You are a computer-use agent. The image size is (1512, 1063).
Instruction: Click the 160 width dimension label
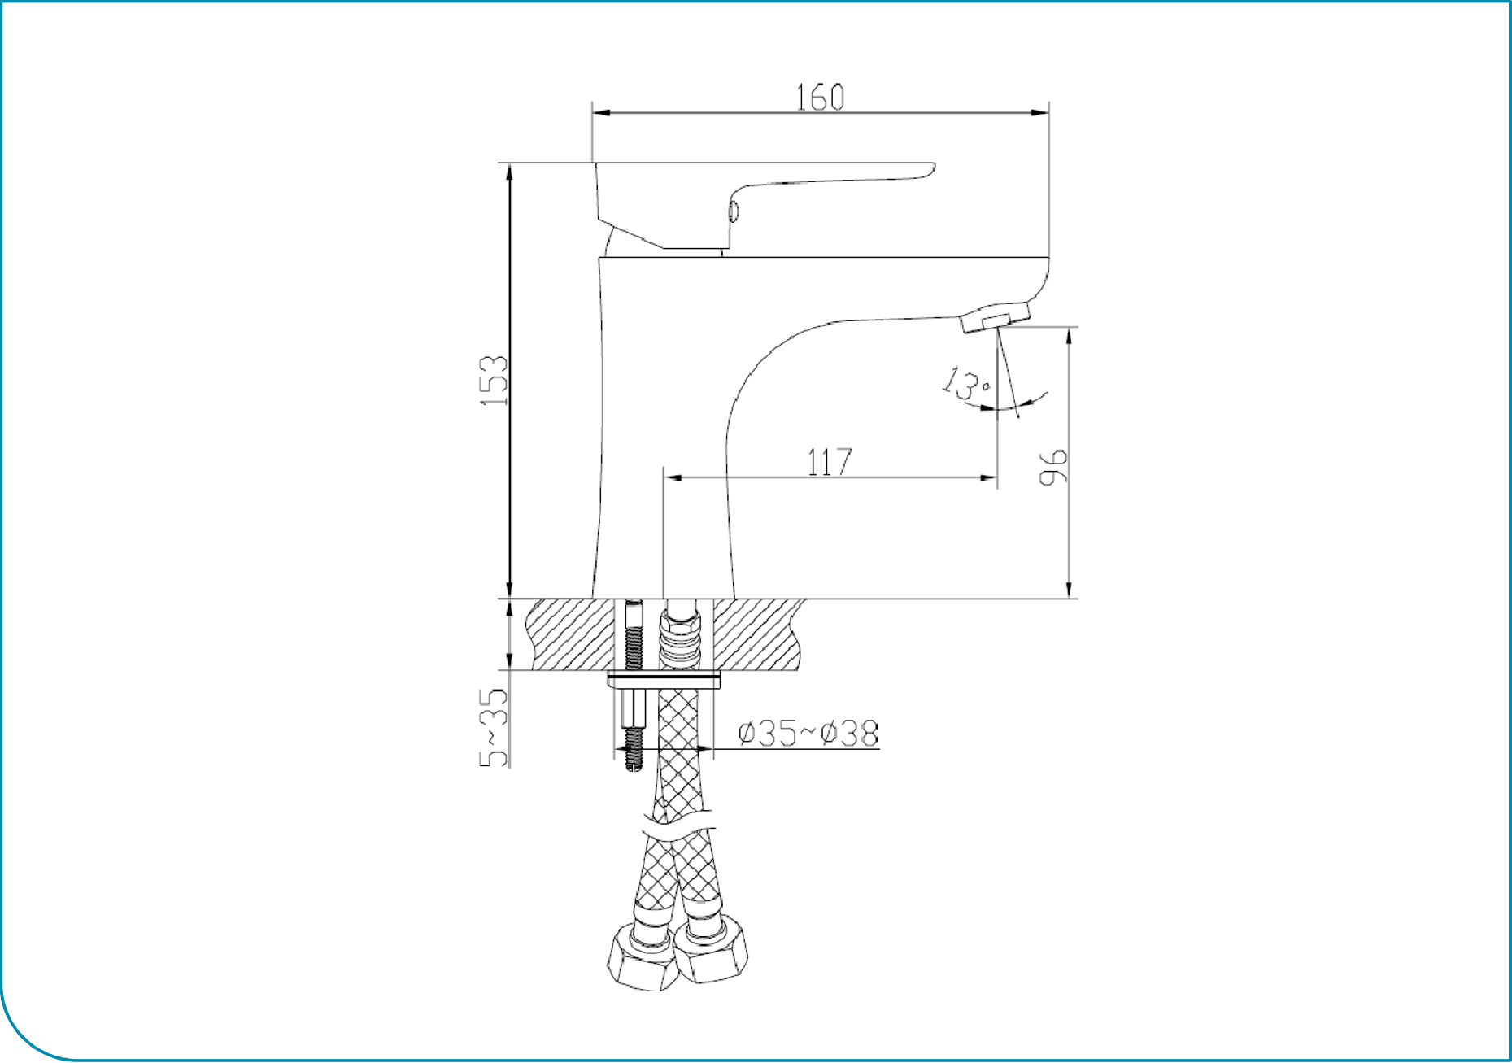point(820,98)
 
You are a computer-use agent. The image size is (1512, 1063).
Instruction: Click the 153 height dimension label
point(494,381)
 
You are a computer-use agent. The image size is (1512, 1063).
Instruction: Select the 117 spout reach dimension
point(829,462)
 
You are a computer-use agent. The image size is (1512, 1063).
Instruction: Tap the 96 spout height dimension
point(1053,466)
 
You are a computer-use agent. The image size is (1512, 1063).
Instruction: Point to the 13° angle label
point(965,383)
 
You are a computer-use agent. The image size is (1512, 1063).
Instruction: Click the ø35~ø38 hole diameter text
point(808,733)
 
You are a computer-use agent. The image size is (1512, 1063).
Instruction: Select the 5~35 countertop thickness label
point(494,727)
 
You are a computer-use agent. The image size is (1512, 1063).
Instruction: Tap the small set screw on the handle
point(734,211)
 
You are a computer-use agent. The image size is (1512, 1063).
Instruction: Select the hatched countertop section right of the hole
point(756,634)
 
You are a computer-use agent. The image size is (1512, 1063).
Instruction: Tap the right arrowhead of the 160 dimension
point(1041,112)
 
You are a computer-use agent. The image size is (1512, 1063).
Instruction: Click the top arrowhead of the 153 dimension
point(510,171)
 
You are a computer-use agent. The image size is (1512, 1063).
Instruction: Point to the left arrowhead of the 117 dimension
point(672,477)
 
